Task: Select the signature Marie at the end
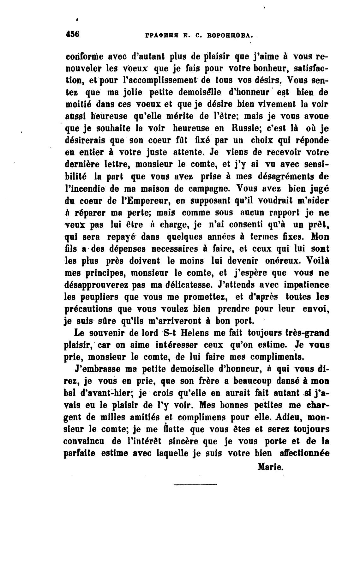271,467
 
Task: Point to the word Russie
215,128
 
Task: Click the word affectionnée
304,454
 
